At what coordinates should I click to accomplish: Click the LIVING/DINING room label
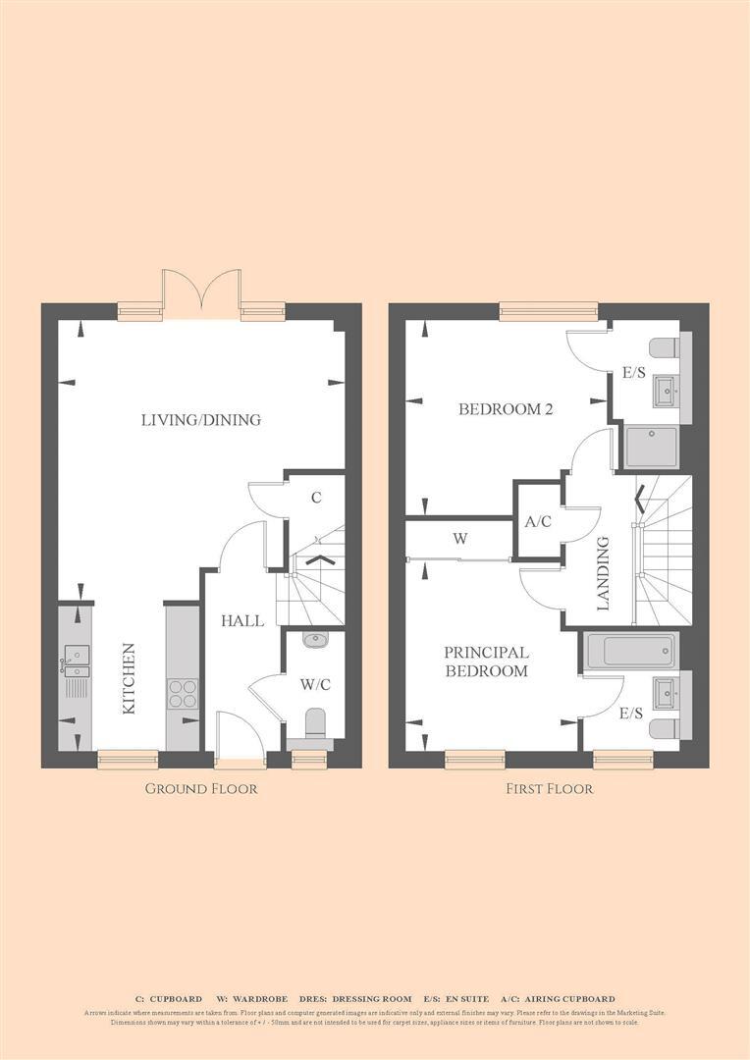[201, 420]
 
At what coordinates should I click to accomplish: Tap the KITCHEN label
[129, 678]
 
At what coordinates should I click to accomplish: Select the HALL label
[241, 620]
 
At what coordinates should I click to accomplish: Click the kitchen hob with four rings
[182, 694]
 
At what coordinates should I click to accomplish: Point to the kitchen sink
[76, 655]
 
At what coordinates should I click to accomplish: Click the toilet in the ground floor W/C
[315, 724]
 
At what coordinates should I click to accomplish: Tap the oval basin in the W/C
[315, 641]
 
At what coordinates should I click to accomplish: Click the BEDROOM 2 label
[506, 409]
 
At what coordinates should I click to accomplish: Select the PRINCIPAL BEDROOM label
[486, 662]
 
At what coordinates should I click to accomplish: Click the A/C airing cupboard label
[538, 522]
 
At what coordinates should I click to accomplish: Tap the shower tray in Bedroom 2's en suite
[651, 447]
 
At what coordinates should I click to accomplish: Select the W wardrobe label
[459, 538]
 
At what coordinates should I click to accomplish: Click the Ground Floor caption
[201, 788]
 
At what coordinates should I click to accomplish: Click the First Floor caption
[550, 788]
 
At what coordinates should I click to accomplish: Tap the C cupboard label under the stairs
[316, 498]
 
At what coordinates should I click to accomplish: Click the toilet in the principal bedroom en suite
[665, 728]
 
